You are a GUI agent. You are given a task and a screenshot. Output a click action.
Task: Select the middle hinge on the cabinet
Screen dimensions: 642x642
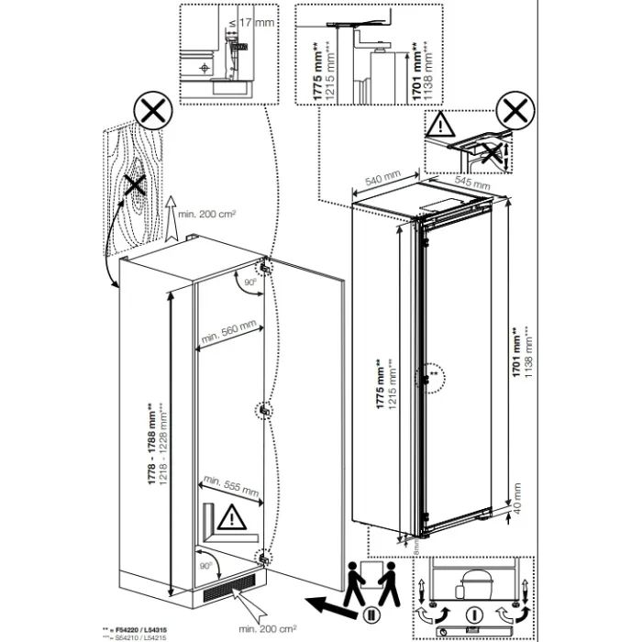[x=264, y=410]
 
